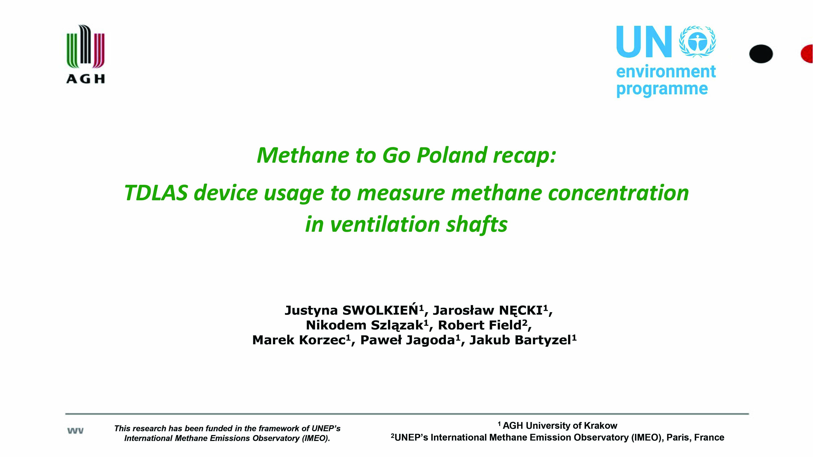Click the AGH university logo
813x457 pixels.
pyautogui.click(x=86, y=54)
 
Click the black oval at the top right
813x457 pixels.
pyautogui.click(x=761, y=54)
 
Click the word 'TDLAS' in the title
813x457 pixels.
pyautogui.click(x=156, y=193)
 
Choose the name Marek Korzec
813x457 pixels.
pyautogui.click(x=299, y=340)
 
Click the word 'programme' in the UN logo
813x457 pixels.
pyautogui.click(x=662, y=89)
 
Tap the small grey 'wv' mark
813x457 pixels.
pyautogui.click(x=75, y=431)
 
